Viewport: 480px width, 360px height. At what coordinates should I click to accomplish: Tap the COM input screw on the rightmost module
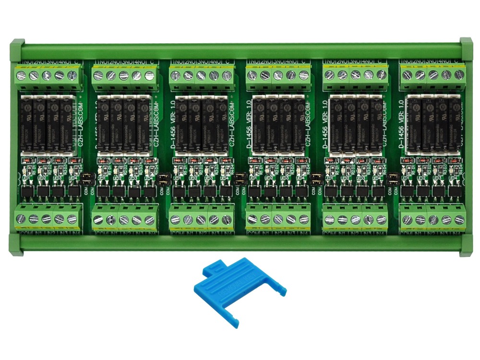tap(407, 220)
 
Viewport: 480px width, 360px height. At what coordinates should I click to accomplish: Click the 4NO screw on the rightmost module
tap(446, 75)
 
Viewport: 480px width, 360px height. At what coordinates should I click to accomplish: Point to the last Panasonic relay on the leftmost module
tap(67, 122)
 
